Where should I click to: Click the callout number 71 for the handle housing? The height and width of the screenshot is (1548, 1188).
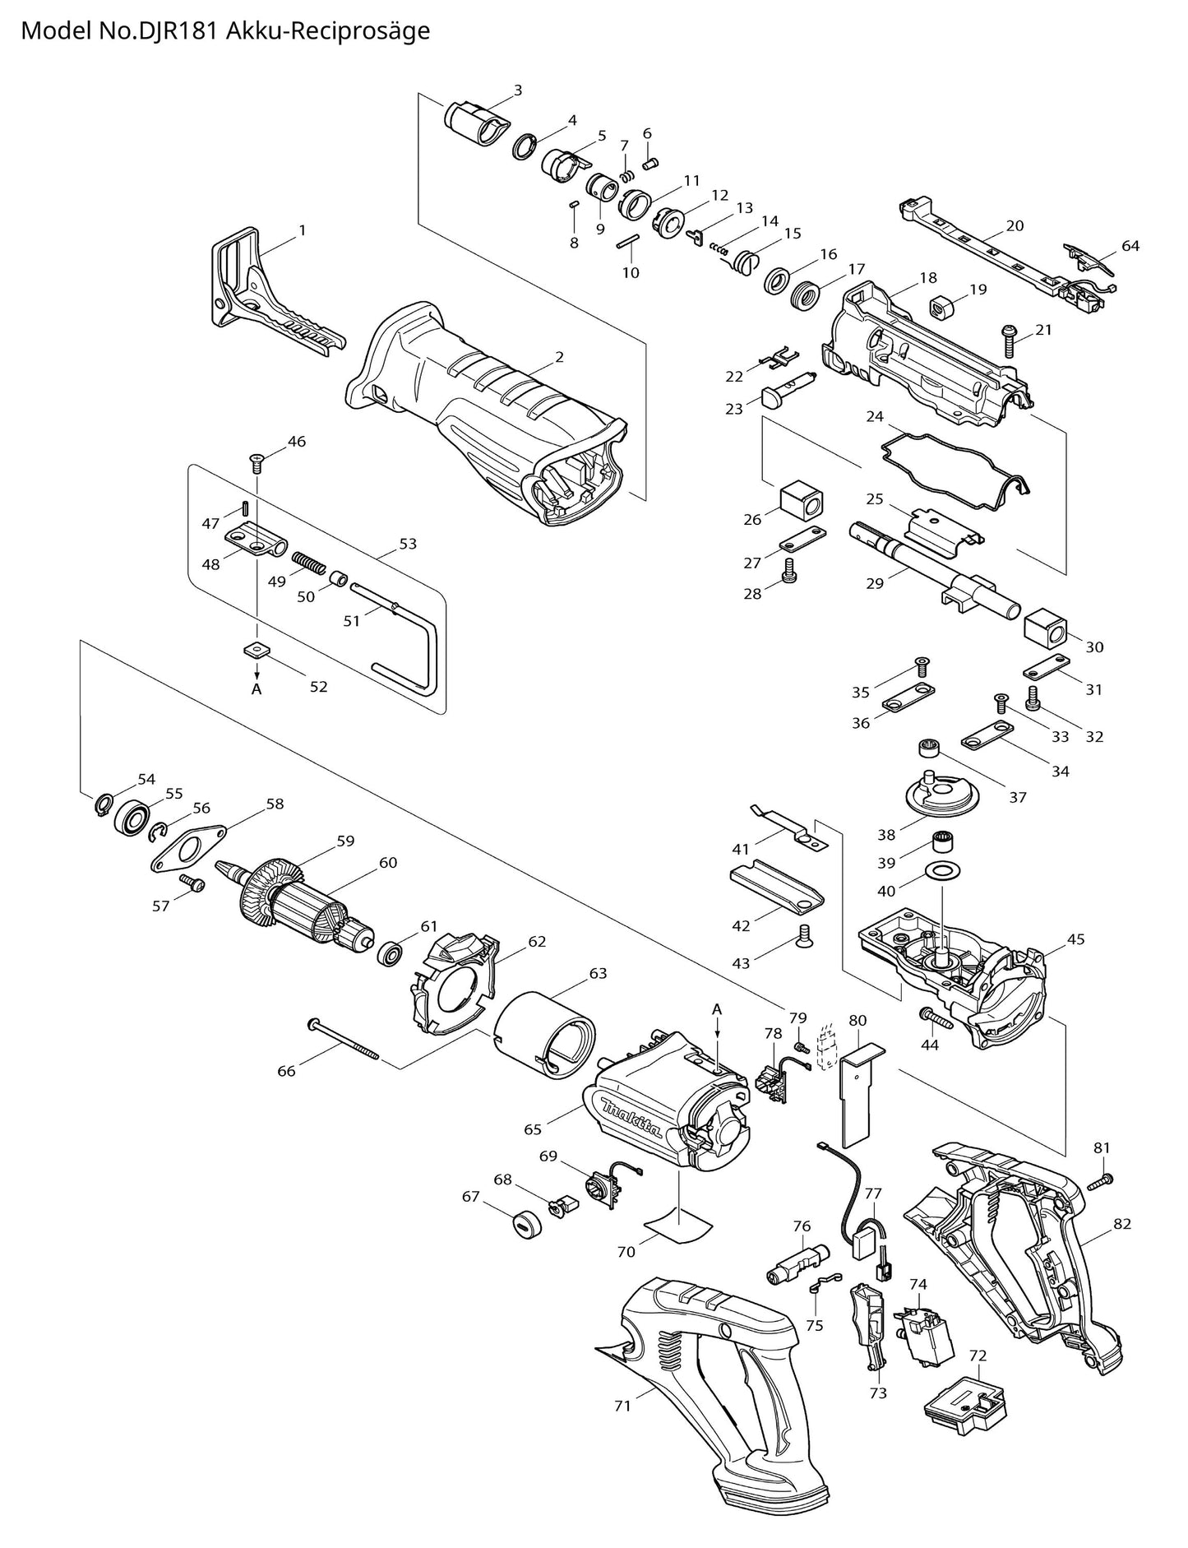[622, 1406]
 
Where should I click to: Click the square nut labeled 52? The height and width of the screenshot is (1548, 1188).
[257, 650]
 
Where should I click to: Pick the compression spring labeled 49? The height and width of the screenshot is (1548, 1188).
[310, 563]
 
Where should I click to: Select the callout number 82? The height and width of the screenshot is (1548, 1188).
[1122, 1223]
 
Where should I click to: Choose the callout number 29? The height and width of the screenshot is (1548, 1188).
[875, 583]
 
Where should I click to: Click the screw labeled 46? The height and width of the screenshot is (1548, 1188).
[256, 464]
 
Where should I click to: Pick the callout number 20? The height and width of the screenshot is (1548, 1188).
[1015, 225]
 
